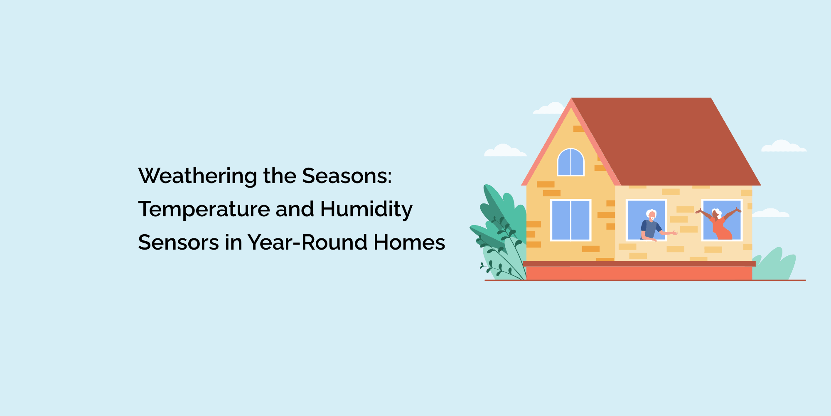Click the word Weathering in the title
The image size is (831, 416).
197,176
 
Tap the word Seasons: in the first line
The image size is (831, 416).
347,176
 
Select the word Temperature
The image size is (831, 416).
204,209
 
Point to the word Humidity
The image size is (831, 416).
366,209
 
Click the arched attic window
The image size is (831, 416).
570,162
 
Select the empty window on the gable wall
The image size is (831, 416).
570,220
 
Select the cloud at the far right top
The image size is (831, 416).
784,146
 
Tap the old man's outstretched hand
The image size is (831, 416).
674,233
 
